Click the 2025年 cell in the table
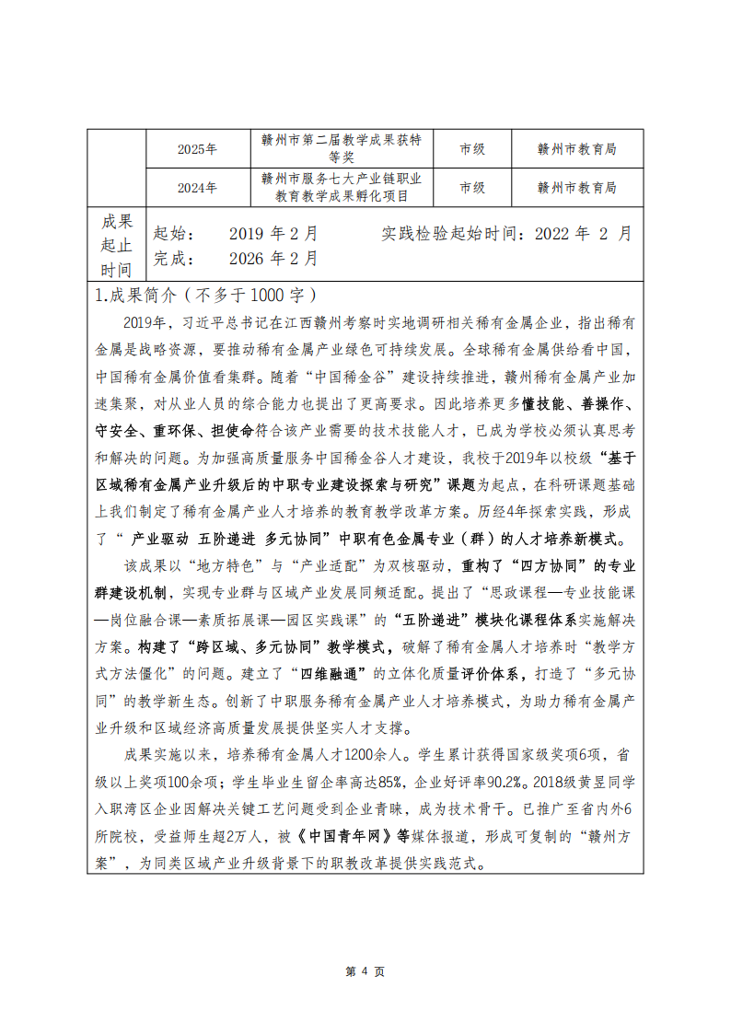pos(197,149)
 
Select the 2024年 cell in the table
pos(197,188)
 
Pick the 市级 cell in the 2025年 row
pos(472,149)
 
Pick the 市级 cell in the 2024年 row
pos(472,188)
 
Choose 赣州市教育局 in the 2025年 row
pos(576,149)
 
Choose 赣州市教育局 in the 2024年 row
pos(576,188)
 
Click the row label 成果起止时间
pos(117,245)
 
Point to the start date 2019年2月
pos(273,234)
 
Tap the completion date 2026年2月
pos(273,259)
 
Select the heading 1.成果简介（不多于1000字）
pos(206,296)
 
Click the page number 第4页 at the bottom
pos(365,972)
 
